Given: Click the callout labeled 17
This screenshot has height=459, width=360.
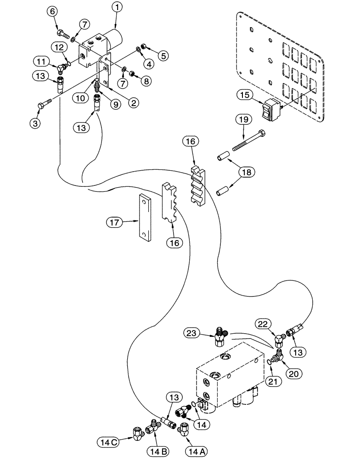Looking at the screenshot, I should tap(115, 223).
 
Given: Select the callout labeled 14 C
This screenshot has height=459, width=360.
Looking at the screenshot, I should tap(108, 442).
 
